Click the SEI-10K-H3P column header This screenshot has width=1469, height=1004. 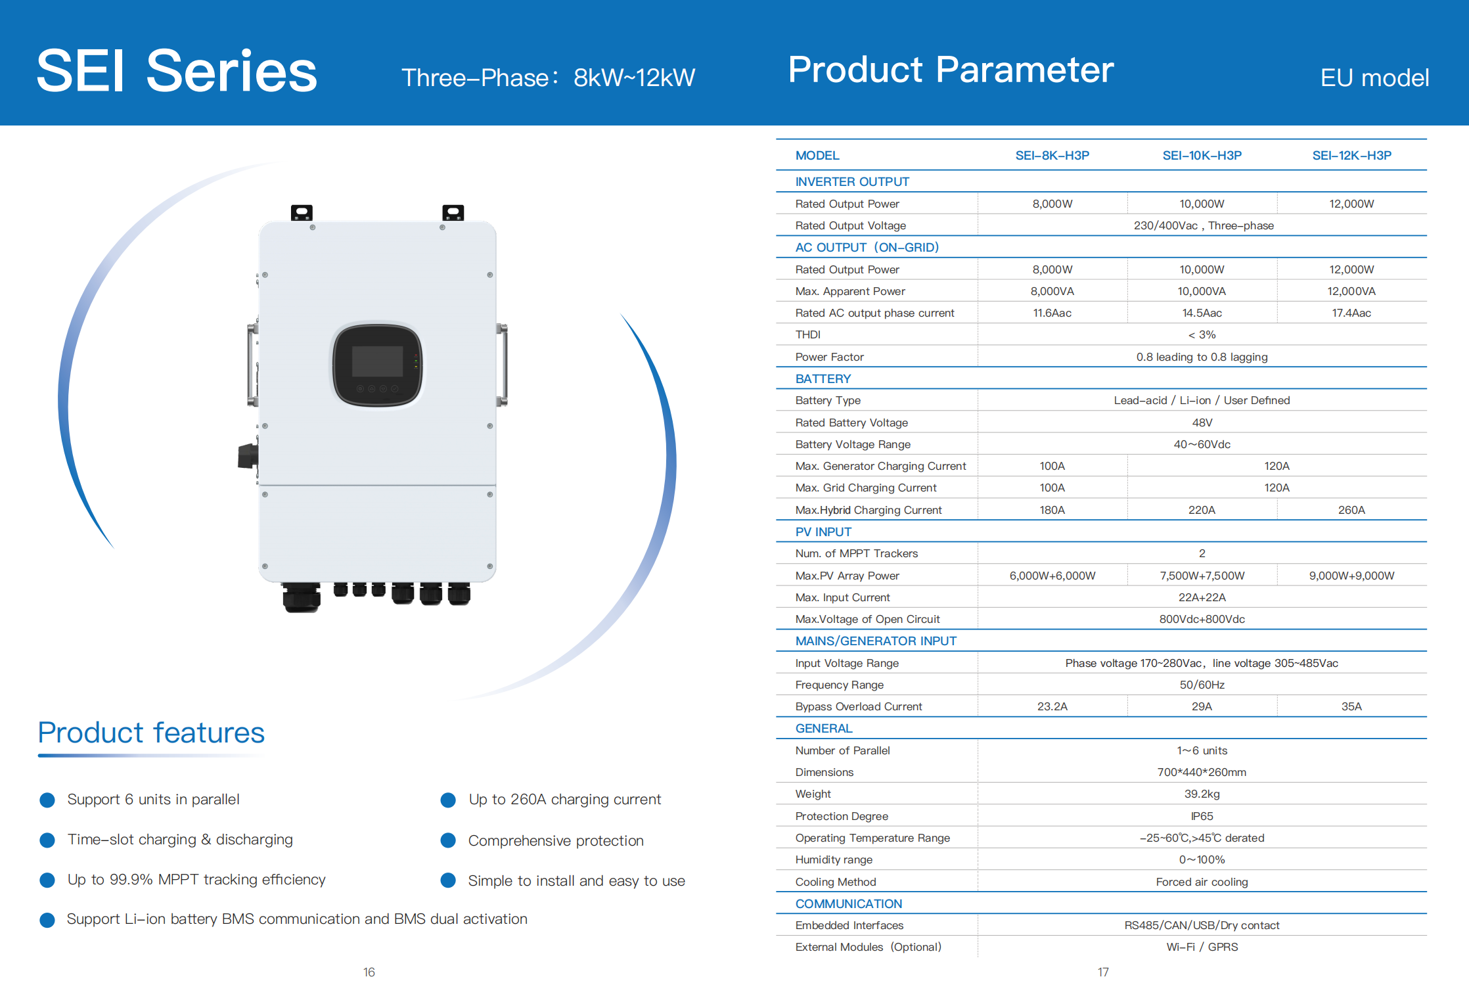pyautogui.click(x=1202, y=156)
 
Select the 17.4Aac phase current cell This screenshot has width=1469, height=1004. pyautogui.click(x=1351, y=313)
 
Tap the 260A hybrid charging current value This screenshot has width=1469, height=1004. pyautogui.click(x=1351, y=510)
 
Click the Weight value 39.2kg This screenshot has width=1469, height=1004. pyautogui.click(x=1202, y=794)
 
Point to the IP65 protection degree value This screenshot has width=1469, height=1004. pyautogui.click(x=1202, y=816)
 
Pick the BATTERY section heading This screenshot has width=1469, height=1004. pyautogui.click(x=823, y=378)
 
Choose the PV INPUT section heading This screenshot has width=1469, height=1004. pyautogui.click(x=823, y=532)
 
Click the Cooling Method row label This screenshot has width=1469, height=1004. pyautogui.click(x=836, y=882)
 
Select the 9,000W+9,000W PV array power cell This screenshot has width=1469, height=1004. pyautogui.click(x=1351, y=576)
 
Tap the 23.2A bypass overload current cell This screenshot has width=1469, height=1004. pyautogui.click(x=1052, y=706)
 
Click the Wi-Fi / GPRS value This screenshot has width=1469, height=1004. pyautogui.click(x=1202, y=947)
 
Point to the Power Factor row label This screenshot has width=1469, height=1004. pyautogui.click(x=829, y=357)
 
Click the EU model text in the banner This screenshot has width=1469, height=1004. pyautogui.click(x=1374, y=78)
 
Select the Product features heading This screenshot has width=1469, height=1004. pyautogui.click(x=151, y=733)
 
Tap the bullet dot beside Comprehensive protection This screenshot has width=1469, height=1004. pyautogui.click(x=448, y=840)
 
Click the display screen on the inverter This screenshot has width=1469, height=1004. pyautogui.click(x=377, y=362)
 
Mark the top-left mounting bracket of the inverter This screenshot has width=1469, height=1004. pyautogui.click(x=302, y=212)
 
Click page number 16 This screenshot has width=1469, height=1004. pyautogui.click(x=369, y=972)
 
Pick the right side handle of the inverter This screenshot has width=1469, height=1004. pyautogui.click(x=503, y=365)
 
